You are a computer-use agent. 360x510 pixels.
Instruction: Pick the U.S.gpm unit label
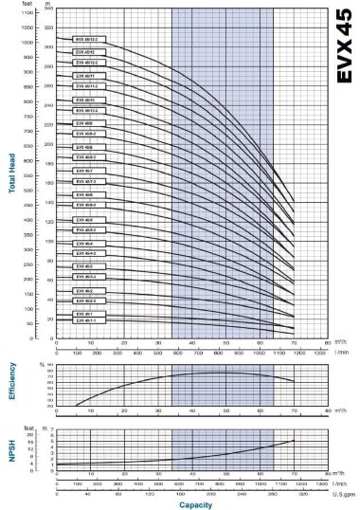click(342, 494)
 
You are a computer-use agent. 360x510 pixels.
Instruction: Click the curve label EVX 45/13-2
click(86, 39)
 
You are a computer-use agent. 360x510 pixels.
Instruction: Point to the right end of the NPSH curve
click(294, 440)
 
